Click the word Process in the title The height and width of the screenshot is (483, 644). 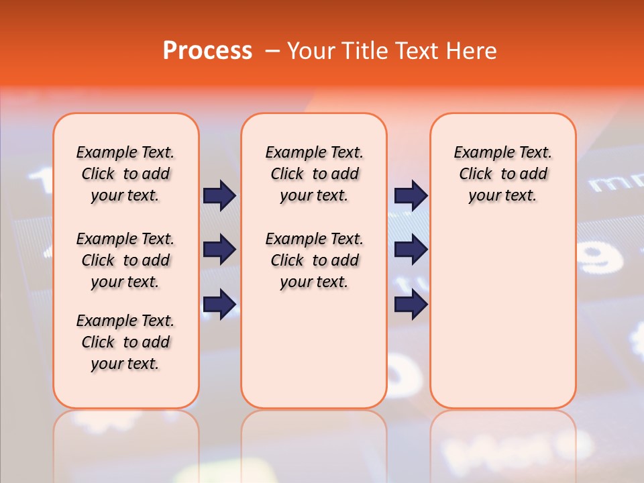pyautogui.click(x=207, y=51)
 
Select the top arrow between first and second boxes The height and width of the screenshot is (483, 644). pyautogui.click(x=219, y=196)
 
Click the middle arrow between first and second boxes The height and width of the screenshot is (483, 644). pyautogui.click(x=219, y=250)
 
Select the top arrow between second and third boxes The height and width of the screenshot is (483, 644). pyautogui.click(x=411, y=196)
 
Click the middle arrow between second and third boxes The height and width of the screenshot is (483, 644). pyautogui.click(x=411, y=250)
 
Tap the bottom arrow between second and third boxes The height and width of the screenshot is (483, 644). pyautogui.click(x=411, y=305)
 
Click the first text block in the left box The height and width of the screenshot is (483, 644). pyautogui.click(x=125, y=174)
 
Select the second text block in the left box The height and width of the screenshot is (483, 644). pyautogui.click(x=125, y=260)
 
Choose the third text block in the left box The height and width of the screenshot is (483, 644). pyautogui.click(x=125, y=342)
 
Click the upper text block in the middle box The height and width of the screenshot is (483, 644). pyautogui.click(x=314, y=174)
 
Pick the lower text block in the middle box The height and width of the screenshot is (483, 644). pyautogui.click(x=314, y=260)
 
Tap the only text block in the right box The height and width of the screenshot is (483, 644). pyautogui.click(x=502, y=174)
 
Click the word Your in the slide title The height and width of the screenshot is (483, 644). pyautogui.click(x=311, y=51)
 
